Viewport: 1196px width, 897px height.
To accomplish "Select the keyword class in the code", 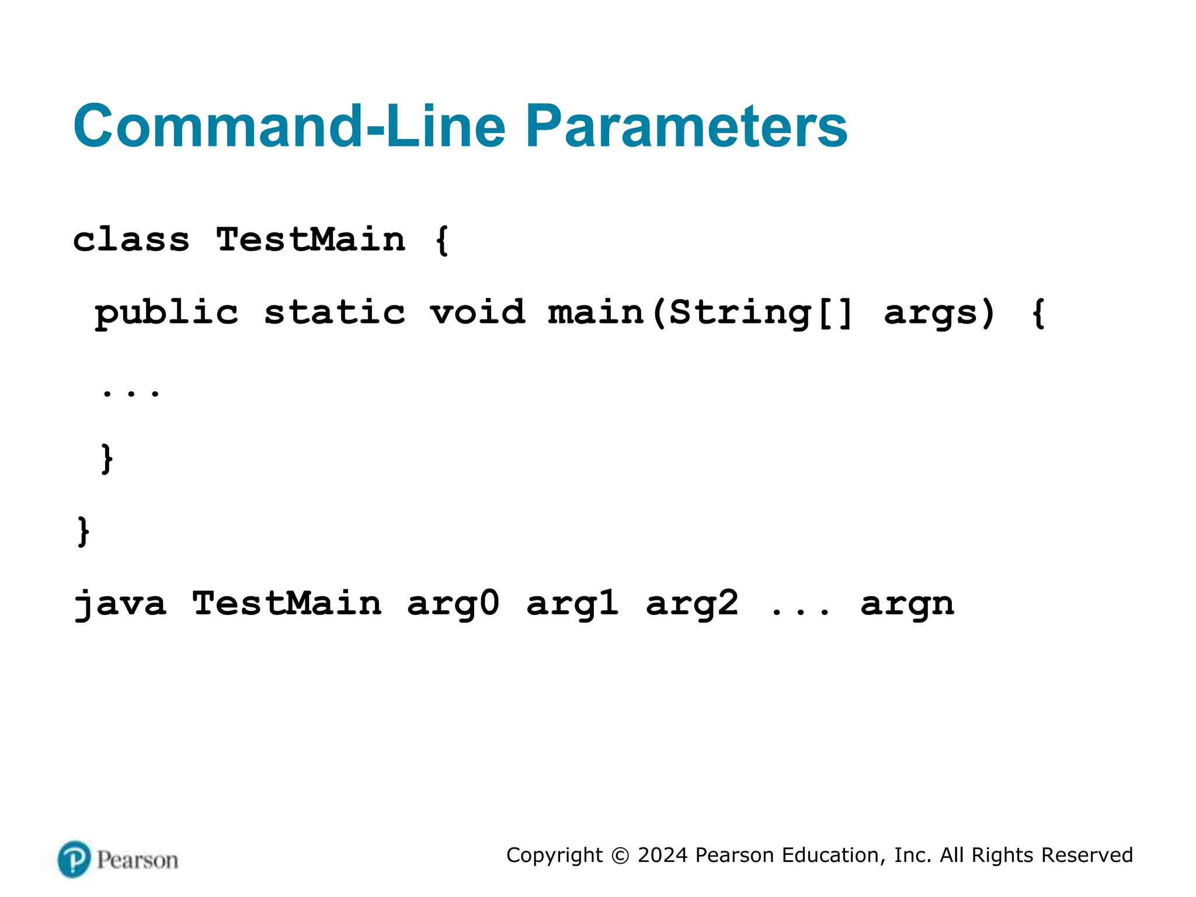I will point(131,240).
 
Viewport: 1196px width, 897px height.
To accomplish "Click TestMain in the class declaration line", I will point(311,240).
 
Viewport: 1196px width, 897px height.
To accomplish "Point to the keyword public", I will point(166,313).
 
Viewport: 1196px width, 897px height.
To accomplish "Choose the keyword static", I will point(335,312).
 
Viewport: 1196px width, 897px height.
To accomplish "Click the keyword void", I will point(478,312).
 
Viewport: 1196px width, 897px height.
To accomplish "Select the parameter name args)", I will point(939,313).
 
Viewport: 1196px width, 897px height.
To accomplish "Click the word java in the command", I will point(120,604).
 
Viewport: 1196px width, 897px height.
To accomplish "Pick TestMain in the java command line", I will point(287,603).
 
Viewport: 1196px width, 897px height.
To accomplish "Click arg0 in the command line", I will point(453,604).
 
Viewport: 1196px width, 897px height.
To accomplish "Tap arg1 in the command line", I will point(572,604).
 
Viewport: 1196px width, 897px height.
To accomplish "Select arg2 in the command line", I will point(692,604).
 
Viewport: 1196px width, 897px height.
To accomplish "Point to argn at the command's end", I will point(908,604).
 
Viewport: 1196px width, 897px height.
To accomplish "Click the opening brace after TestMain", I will point(442,240).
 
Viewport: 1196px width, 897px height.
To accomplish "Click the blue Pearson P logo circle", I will point(74,860).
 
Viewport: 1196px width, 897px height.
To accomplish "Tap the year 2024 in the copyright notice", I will point(662,855).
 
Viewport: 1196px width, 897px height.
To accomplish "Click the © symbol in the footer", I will point(620,856).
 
